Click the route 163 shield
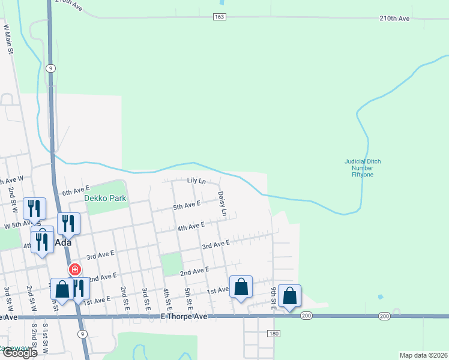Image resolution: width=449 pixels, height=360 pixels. (x=219, y=17)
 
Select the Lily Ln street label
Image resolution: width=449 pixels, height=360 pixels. (x=196, y=181)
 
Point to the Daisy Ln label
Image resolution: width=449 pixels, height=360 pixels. (x=222, y=203)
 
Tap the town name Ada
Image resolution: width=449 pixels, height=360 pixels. (x=63, y=242)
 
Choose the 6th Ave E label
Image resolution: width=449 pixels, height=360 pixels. (x=76, y=191)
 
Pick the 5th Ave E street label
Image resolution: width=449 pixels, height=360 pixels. (x=186, y=205)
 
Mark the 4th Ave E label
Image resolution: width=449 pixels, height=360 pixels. (x=191, y=226)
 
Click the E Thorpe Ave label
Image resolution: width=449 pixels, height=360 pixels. (x=184, y=316)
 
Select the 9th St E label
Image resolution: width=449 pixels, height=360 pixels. (x=273, y=298)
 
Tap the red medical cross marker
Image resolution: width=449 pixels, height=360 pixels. (x=75, y=270)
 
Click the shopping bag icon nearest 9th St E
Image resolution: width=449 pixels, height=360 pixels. (x=290, y=296)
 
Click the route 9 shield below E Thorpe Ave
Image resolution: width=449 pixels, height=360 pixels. (x=82, y=334)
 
